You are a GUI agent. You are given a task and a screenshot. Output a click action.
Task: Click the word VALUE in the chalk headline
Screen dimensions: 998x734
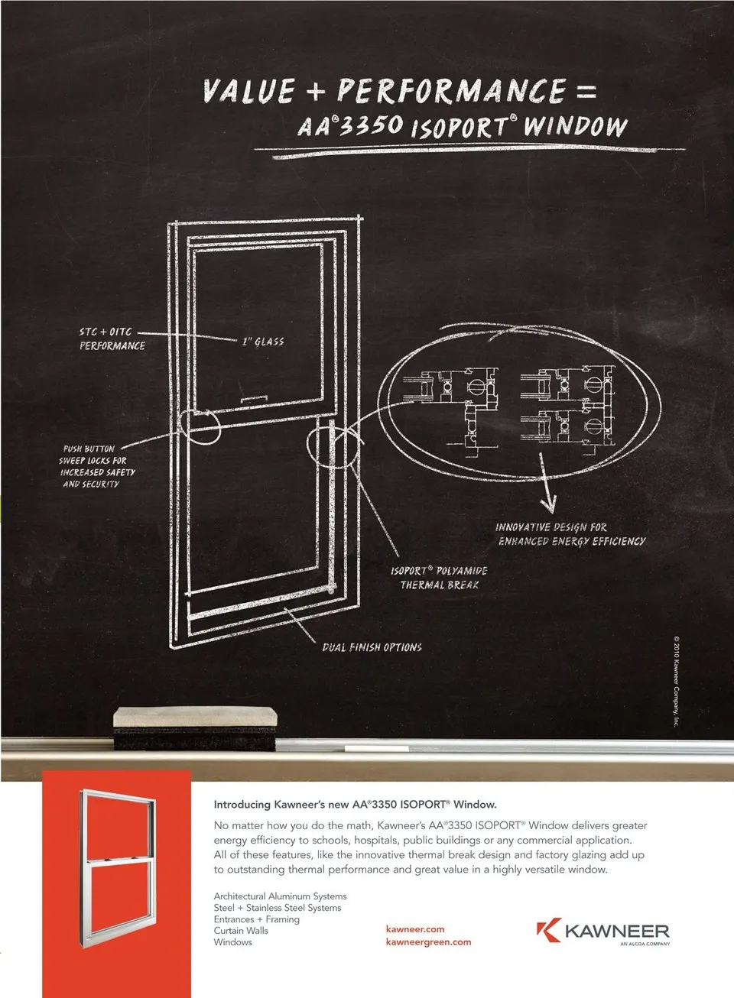coord(248,91)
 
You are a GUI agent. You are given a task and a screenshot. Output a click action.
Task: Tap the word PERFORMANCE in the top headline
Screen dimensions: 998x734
coord(452,91)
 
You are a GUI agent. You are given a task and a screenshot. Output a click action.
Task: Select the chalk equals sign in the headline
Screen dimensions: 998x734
coord(586,92)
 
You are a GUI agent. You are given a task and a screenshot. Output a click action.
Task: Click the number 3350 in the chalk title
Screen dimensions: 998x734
coord(370,125)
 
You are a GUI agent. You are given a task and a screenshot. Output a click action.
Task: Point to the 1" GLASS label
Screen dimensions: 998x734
coord(263,342)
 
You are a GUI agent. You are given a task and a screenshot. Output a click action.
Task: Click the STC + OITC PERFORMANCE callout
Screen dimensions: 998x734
coord(112,339)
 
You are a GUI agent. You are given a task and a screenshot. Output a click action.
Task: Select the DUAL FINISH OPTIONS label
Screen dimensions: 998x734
coord(372,647)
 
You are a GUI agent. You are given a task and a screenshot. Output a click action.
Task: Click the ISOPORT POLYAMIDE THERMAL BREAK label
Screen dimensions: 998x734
coord(439,578)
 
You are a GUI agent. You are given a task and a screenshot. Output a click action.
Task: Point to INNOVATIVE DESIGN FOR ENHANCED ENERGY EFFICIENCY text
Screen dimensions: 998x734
coord(570,534)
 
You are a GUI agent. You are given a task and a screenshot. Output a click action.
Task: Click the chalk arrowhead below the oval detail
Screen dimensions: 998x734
coord(548,505)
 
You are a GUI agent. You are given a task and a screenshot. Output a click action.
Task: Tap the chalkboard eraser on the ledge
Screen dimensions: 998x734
coord(195,727)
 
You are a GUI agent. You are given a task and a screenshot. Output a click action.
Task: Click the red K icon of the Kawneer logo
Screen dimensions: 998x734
coord(549,930)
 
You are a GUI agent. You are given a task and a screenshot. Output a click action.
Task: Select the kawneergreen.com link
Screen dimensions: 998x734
coord(428,942)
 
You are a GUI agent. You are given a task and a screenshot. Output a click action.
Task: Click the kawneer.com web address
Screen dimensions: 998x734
coord(415,929)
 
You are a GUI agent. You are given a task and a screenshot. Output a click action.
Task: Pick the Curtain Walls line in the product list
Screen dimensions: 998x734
coord(241,931)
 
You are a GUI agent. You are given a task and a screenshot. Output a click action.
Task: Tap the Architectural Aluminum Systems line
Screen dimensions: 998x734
coord(280,896)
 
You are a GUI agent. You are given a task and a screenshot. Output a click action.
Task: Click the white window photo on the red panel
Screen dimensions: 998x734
coord(118,867)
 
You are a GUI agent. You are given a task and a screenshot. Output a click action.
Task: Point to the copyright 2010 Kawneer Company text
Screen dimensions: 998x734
coord(676,681)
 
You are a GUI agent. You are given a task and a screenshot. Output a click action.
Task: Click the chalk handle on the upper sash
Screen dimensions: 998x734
coord(254,399)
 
